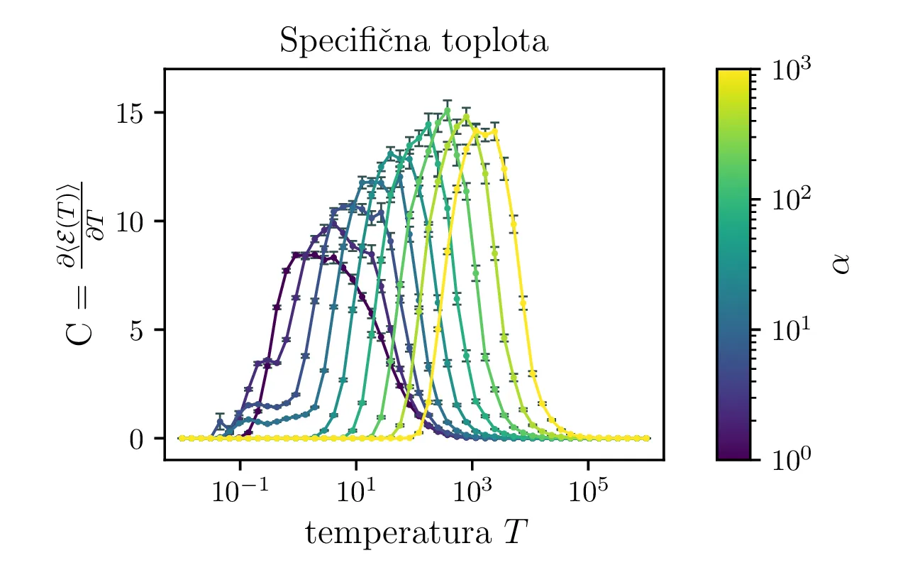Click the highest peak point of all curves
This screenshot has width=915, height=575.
[447, 109]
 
